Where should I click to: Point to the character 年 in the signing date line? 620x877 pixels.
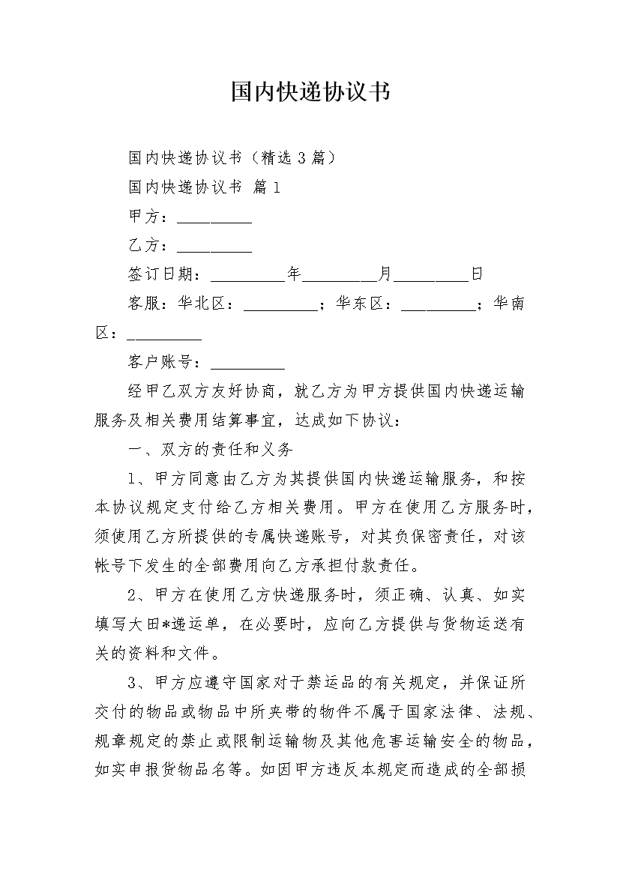pos(294,274)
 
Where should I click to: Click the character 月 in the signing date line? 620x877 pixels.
pos(385,274)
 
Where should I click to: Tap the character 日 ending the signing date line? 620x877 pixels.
pos(477,274)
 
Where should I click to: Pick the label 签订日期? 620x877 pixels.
pos(160,274)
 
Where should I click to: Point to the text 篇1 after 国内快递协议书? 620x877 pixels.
pos(267,187)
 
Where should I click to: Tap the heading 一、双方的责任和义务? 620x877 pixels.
pos(211,450)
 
